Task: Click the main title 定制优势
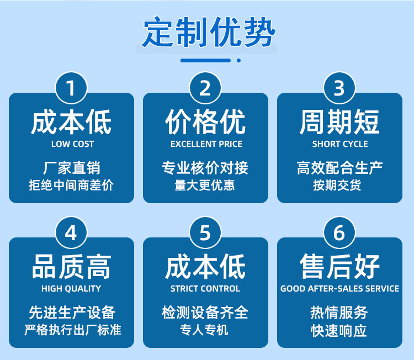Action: pyautogui.click(x=209, y=32)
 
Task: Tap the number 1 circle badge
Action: pyautogui.click(x=71, y=88)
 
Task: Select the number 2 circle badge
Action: pyautogui.click(x=205, y=88)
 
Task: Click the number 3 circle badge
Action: pyautogui.click(x=339, y=88)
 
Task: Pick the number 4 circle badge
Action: pyautogui.click(x=71, y=233)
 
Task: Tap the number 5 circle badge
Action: pyautogui.click(x=205, y=233)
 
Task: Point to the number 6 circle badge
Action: pyautogui.click(x=339, y=233)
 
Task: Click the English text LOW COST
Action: pyautogui.click(x=73, y=144)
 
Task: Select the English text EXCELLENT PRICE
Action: pyautogui.click(x=206, y=144)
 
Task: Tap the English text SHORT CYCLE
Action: pyautogui.click(x=340, y=144)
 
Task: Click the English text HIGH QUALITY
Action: pyautogui.click(x=71, y=289)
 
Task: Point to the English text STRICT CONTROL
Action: pyautogui.click(x=205, y=289)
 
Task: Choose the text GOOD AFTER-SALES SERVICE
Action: pyautogui.click(x=340, y=289)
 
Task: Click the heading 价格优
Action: pyautogui.click(x=205, y=122)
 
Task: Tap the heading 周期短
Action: pyautogui.click(x=339, y=122)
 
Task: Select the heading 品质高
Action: pyautogui.click(x=71, y=267)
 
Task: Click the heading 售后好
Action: pyautogui.click(x=339, y=267)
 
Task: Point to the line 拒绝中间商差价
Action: pyautogui.click(x=71, y=185)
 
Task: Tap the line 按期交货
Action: pyautogui.click(x=337, y=185)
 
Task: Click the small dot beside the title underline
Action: pyautogui.click(x=238, y=61)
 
